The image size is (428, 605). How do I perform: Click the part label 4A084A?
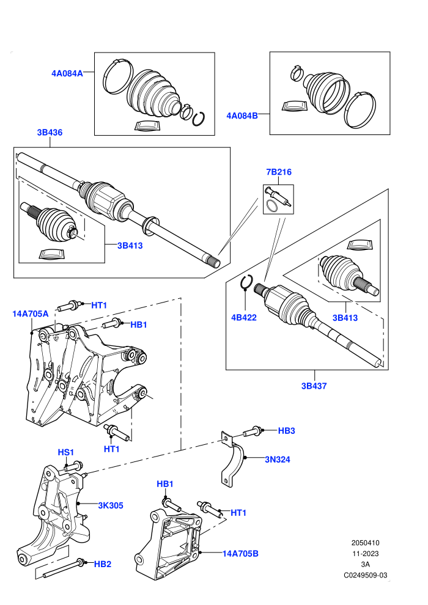tap(67, 73)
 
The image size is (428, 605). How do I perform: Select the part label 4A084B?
tap(242, 116)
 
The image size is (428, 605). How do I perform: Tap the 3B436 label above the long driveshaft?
tap(50, 133)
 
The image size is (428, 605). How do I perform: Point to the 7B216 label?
tap(279, 172)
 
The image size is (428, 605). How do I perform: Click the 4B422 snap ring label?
tap(244, 318)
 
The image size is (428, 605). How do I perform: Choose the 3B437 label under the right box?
tap(314, 386)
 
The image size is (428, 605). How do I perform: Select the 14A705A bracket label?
tap(31, 313)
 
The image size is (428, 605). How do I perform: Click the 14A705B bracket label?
tap(240, 554)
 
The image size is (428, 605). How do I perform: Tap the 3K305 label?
tap(111, 505)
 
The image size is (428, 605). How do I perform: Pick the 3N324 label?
tap(278, 460)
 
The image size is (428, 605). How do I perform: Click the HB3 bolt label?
tap(286, 431)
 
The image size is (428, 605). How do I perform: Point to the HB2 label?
tap(103, 564)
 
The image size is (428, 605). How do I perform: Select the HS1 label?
tap(65, 452)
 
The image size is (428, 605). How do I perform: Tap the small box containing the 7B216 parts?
tap(278, 199)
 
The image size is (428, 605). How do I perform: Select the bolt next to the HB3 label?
tap(253, 431)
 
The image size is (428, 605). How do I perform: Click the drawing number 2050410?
tap(365, 543)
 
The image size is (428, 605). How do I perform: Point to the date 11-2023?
tap(365, 554)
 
